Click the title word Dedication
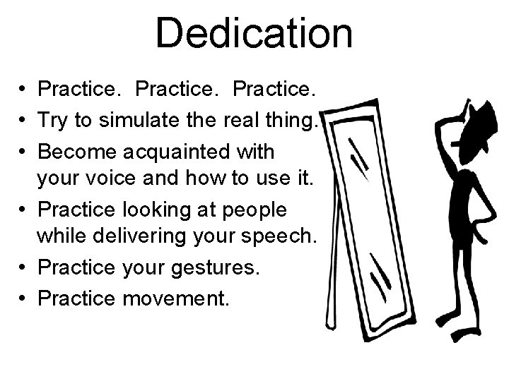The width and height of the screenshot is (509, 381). coord(254,33)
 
